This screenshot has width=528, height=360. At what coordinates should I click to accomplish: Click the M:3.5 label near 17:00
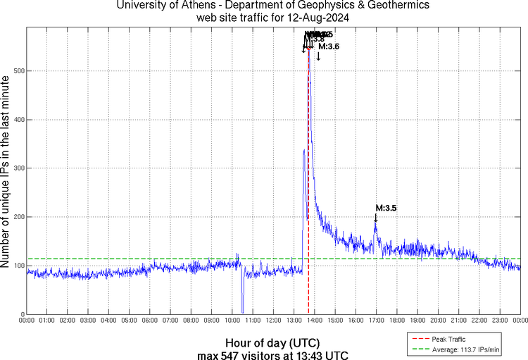coord(386,209)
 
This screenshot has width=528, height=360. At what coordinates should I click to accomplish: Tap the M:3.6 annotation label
coord(329,46)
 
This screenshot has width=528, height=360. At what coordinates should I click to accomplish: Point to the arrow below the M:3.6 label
coord(318,56)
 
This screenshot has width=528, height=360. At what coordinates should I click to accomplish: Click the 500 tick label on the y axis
coord(15,71)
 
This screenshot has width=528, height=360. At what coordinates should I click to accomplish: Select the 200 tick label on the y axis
coord(15,217)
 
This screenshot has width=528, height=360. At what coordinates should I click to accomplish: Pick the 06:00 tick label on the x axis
coord(150,321)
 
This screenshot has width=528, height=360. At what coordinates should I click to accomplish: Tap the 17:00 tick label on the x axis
coord(376,321)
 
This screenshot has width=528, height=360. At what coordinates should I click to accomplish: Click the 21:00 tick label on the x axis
coord(458,321)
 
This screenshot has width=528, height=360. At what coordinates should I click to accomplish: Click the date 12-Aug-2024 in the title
coord(315,16)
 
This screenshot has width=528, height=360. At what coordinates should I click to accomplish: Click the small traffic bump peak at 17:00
coord(375,222)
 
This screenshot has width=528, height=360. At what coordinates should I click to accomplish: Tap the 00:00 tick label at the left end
coord(27,321)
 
